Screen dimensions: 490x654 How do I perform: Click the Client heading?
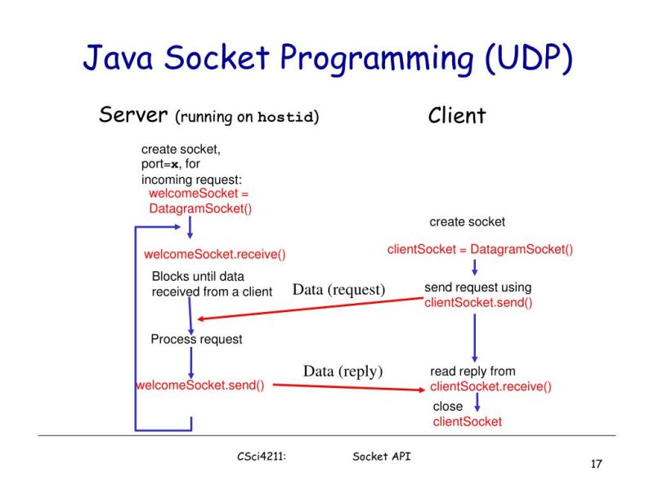click(x=456, y=116)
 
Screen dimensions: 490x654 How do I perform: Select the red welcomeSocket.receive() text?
click(x=214, y=255)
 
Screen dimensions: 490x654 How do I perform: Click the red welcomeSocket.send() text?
click(x=200, y=385)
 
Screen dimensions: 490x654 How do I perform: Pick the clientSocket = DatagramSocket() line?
click(x=480, y=250)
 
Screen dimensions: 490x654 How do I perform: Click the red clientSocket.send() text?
click(x=478, y=303)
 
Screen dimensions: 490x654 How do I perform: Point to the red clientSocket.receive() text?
click(x=490, y=387)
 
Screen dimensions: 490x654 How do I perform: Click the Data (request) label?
click(x=338, y=290)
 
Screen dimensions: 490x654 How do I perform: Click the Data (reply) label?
click(x=343, y=372)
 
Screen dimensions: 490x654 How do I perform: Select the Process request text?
click(x=196, y=339)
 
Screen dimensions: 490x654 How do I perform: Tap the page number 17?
click(x=596, y=465)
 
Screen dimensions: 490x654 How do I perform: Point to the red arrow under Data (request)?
click(x=311, y=309)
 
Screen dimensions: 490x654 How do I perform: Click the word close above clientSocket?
click(x=447, y=406)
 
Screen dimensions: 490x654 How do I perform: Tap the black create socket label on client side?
click(x=468, y=222)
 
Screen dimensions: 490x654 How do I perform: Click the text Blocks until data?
click(x=198, y=277)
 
